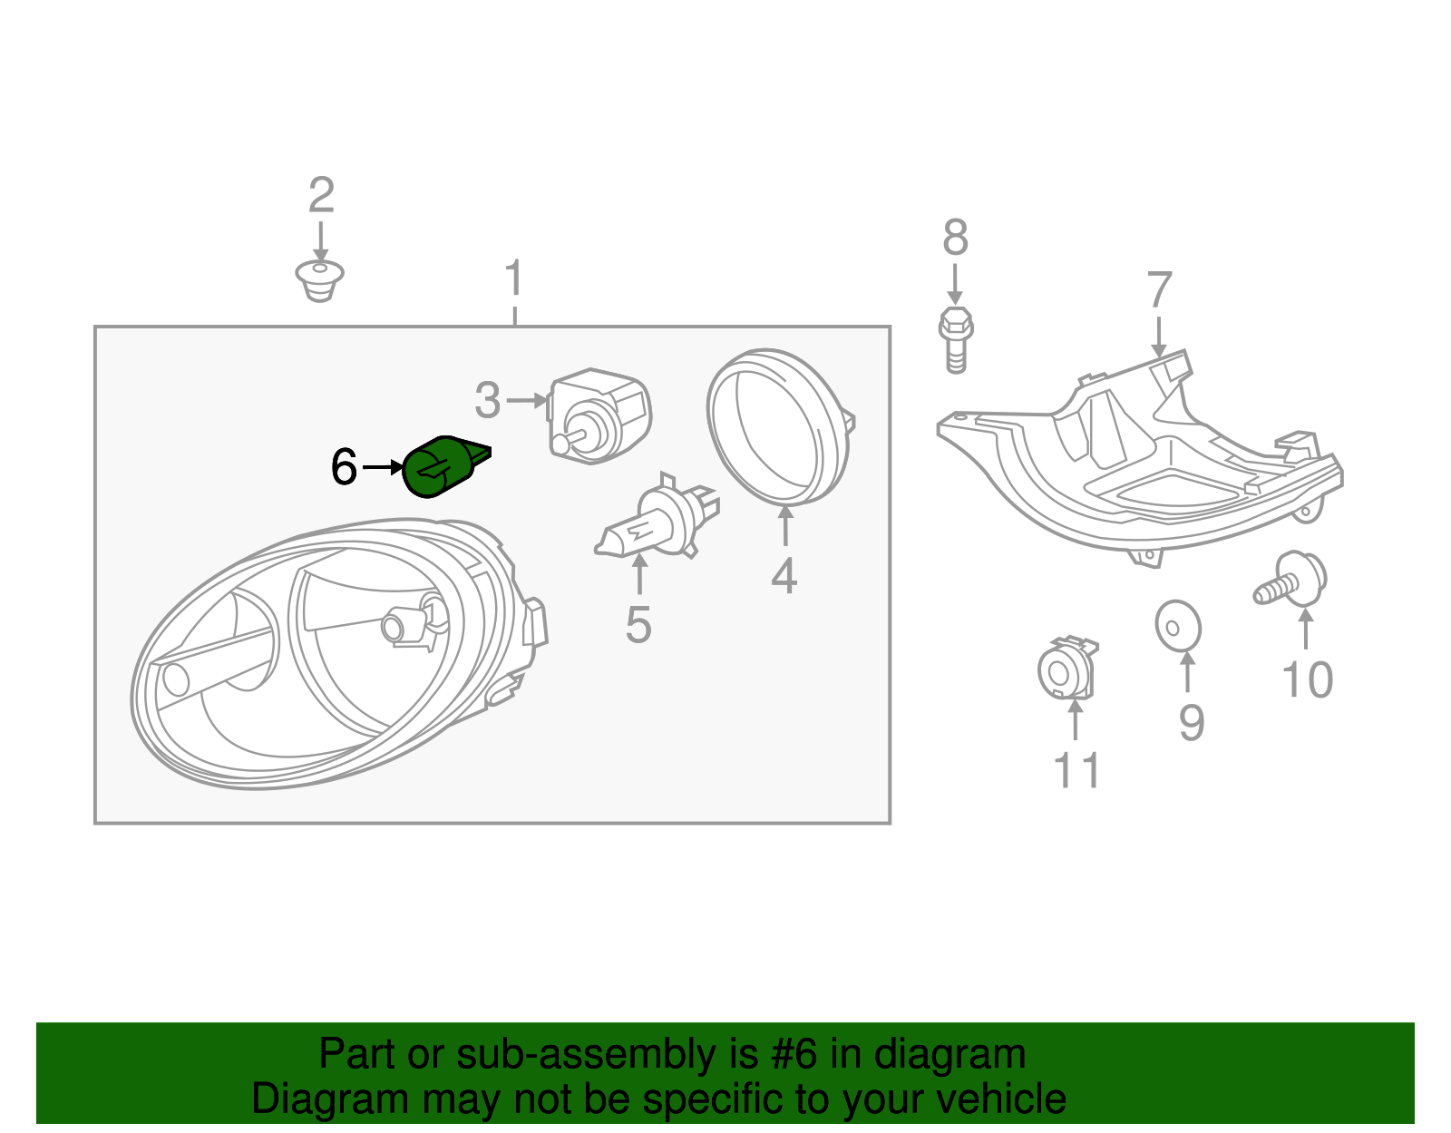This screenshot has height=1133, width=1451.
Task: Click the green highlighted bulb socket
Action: (441, 466)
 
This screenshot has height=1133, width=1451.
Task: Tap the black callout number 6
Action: (344, 467)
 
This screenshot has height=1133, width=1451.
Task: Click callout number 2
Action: (321, 195)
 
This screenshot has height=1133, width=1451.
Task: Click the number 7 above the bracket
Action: (1159, 290)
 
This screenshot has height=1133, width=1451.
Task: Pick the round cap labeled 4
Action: (778, 426)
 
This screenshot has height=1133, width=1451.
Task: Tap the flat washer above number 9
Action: (1178, 627)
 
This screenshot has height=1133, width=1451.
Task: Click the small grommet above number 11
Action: (1067, 671)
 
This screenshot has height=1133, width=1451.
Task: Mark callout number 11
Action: (1076, 770)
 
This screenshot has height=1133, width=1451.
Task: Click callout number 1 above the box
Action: (514, 278)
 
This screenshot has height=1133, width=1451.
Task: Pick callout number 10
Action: (1307, 679)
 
